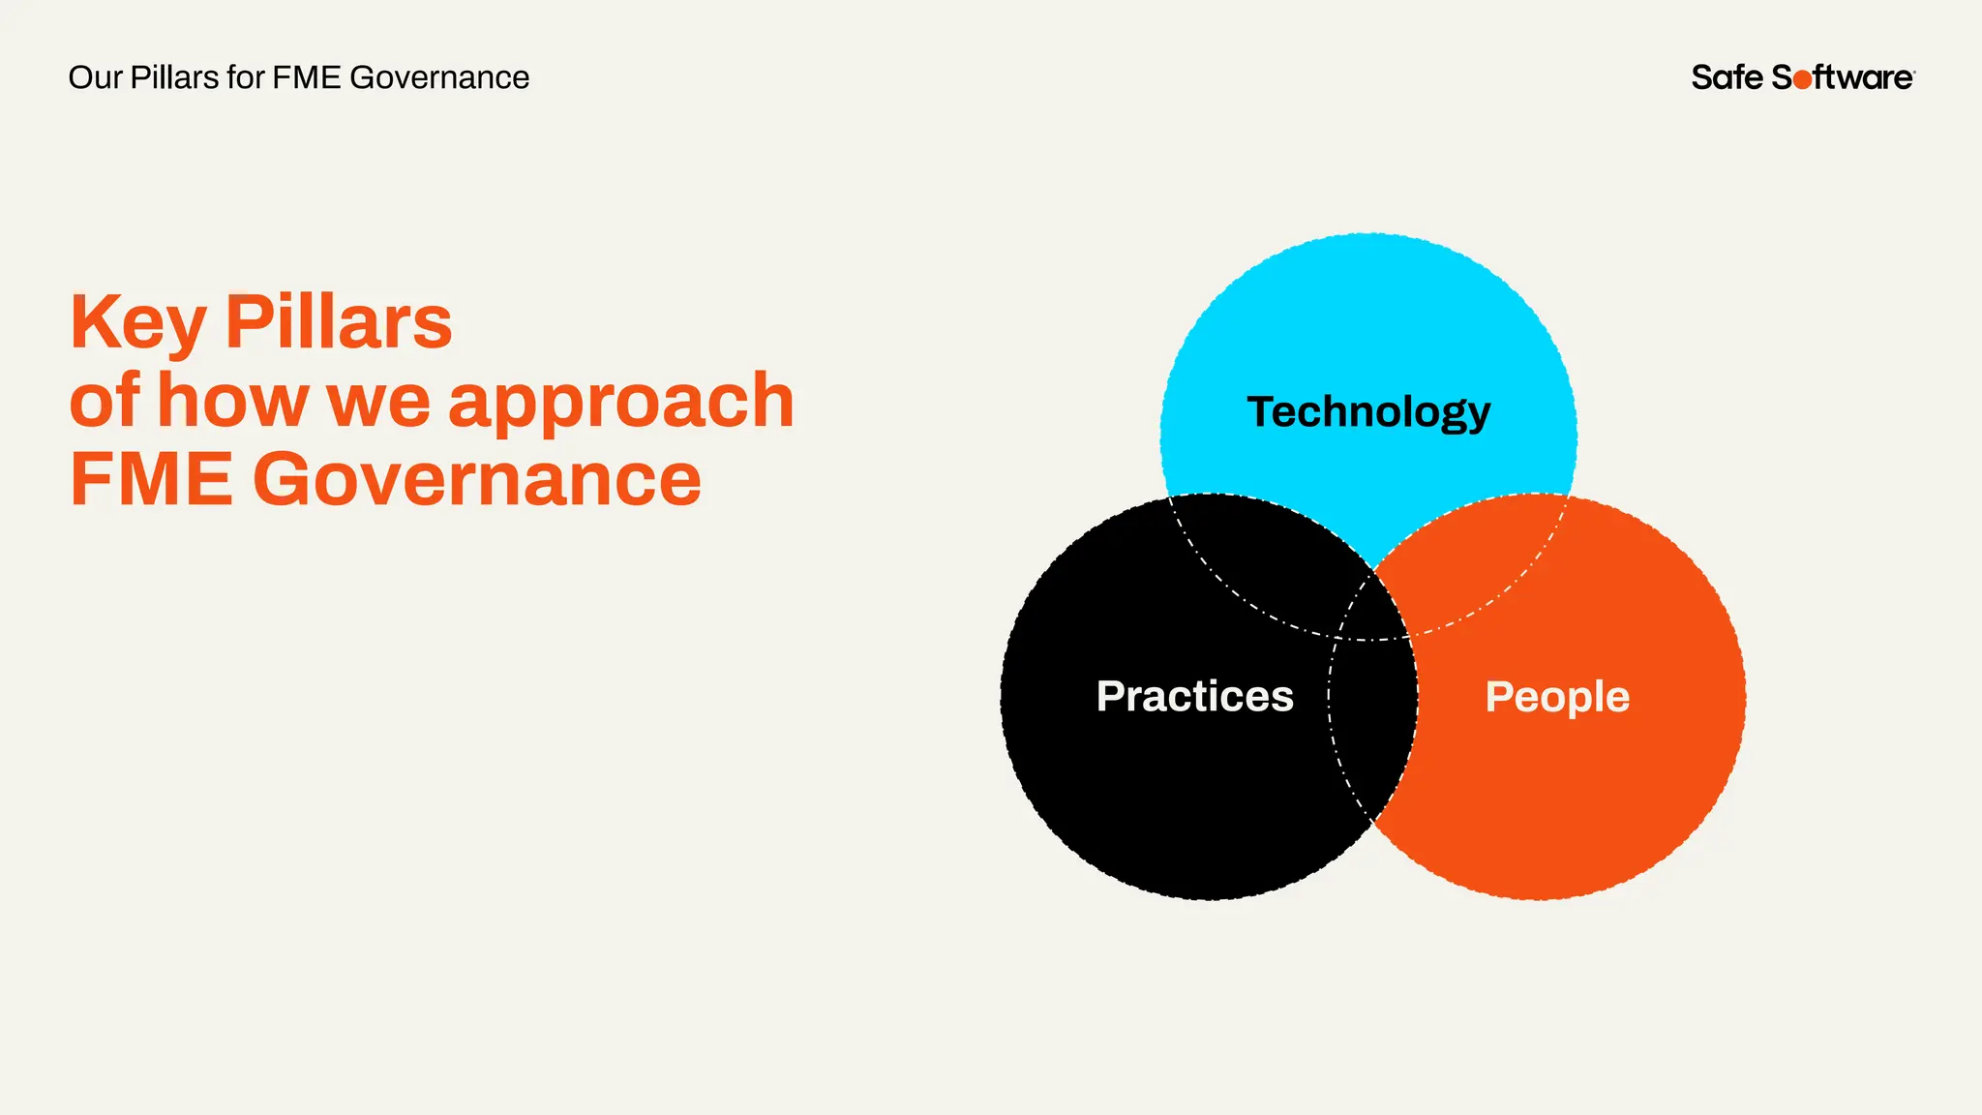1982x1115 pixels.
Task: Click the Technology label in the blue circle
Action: (1368, 412)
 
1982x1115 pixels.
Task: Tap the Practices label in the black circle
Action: (1194, 696)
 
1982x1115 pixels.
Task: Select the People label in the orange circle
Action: (1557, 697)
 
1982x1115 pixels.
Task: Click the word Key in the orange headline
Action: (137, 323)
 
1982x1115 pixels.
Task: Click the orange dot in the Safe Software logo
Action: (1802, 79)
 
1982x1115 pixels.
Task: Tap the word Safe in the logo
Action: (1727, 77)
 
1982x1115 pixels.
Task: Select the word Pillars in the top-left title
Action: (174, 77)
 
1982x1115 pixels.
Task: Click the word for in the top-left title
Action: (246, 77)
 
